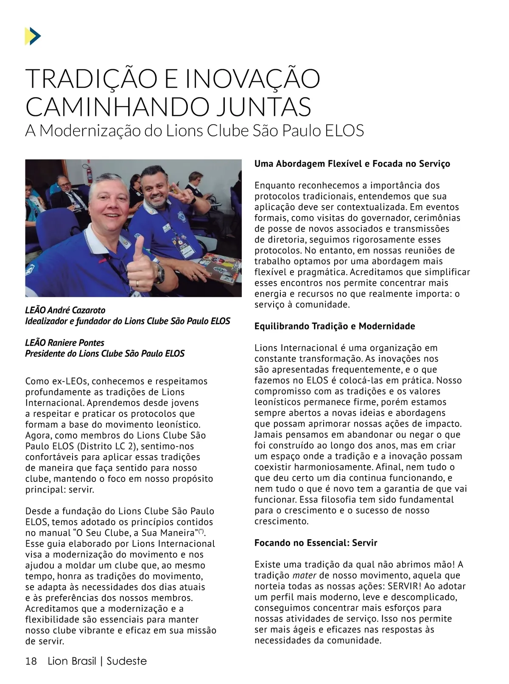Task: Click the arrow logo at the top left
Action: (33, 36)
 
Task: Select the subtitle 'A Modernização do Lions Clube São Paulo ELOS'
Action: (194, 130)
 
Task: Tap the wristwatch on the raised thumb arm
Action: (159, 272)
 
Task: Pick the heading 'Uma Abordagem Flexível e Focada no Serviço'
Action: (352, 164)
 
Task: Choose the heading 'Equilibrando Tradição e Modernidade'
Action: (334, 327)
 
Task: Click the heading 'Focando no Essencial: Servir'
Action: (316, 543)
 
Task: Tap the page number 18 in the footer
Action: (31, 661)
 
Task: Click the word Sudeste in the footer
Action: (126, 661)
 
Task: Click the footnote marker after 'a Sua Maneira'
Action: (201, 531)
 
